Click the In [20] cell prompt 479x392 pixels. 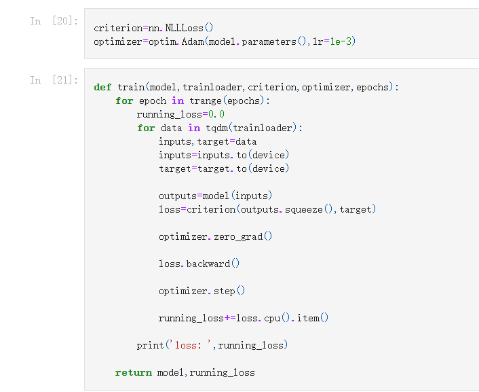54,21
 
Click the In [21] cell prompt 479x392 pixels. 54,80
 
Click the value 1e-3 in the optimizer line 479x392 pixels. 343,41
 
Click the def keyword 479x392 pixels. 102,87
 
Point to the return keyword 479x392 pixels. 133,372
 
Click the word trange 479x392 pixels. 205,101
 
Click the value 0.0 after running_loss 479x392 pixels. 216,114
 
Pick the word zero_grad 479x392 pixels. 237,236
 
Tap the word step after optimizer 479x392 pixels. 224,291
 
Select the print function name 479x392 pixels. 150,345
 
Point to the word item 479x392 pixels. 309,318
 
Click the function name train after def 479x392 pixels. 130,87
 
